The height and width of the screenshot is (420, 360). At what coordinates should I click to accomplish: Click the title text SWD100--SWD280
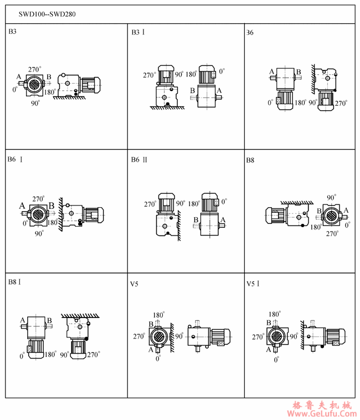click(x=47, y=14)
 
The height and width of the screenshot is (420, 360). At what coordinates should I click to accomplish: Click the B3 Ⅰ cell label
click(x=138, y=32)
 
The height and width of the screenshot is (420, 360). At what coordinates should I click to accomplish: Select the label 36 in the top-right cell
click(x=250, y=33)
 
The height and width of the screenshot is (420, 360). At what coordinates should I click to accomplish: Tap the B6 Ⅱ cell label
click(x=139, y=160)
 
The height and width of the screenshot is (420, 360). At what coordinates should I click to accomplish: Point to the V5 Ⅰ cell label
click(x=253, y=284)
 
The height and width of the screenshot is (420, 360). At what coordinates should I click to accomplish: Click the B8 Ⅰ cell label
click(x=14, y=282)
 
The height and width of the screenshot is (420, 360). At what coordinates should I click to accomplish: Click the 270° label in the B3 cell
click(x=34, y=69)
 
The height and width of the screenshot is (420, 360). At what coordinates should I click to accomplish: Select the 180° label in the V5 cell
click(x=159, y=315)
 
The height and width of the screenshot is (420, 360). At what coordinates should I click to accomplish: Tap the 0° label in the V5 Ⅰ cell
click(x=276, y=360)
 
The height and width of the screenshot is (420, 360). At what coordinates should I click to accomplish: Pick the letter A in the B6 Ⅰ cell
click(x=22, y=206)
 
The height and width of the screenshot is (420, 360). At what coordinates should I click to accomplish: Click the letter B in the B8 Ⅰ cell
click(x=49, y=320)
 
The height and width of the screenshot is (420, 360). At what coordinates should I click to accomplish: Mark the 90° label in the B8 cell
click(x=331, y=198)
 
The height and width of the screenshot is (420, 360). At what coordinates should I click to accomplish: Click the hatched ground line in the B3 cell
click(x=69, y=98)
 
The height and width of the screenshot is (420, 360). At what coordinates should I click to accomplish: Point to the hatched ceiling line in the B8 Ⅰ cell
click(x=80, y=316)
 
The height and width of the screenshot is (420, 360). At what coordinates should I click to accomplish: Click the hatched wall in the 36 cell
click(x=313, y=79)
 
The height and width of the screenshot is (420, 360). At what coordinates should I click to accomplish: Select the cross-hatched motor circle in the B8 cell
click(x=331, y=215)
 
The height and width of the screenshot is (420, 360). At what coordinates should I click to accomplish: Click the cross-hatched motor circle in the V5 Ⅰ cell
click(x=276, y=336)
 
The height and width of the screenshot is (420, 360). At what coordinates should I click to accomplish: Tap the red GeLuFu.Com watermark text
click(x=322, y=413)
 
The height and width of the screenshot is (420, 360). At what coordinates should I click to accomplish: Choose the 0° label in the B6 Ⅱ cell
click(x=224, y=201)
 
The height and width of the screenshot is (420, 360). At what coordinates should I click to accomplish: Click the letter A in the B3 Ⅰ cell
click(x=219, y=90)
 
